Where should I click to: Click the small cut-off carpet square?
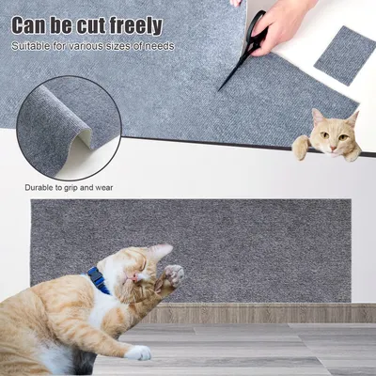tap(344, 55)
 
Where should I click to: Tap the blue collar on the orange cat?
tap(98, 279)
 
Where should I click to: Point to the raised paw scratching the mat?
tap(173, 275)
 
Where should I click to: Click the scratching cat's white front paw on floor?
tap(138, 352)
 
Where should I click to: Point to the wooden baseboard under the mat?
tap(263, 313)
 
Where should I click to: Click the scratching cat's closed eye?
tap(141, 272)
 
